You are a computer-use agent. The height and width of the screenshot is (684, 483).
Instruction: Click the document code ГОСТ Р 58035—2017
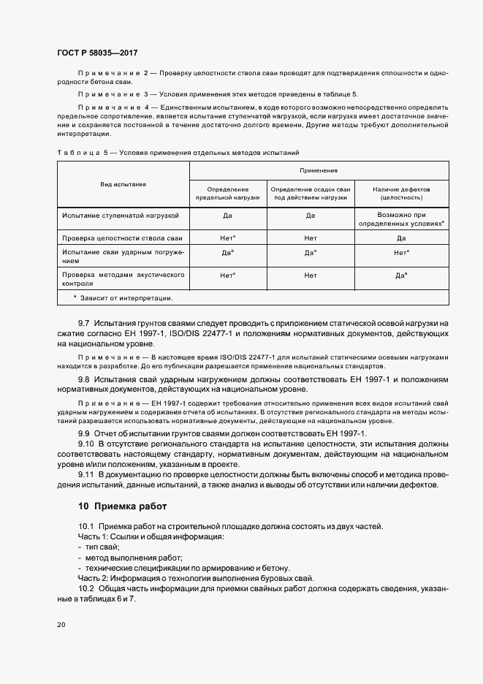pos(96,53)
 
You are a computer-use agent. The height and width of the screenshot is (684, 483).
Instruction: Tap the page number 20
pos(61,625)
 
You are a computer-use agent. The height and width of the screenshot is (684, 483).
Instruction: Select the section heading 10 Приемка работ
pos(123,506)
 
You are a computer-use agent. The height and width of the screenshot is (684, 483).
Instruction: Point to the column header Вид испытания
pos(123,184)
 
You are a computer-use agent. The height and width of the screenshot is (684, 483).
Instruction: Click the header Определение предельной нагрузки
pos(228,193)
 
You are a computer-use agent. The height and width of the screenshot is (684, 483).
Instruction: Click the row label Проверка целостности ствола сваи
pos(121,237)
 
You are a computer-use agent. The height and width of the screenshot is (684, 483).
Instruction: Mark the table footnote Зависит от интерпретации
pos(123,297)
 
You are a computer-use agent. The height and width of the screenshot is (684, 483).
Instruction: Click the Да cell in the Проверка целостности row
pos(401,237)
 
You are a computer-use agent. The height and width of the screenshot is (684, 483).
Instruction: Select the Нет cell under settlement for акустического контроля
pos(310,275)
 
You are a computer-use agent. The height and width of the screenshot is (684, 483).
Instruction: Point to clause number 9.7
pos(84,322)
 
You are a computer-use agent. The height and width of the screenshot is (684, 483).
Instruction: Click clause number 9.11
pos(86,474)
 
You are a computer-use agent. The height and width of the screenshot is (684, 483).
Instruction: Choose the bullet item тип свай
pos(102,547)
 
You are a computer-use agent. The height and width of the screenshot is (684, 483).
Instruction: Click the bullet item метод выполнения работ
pos(125,558)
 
